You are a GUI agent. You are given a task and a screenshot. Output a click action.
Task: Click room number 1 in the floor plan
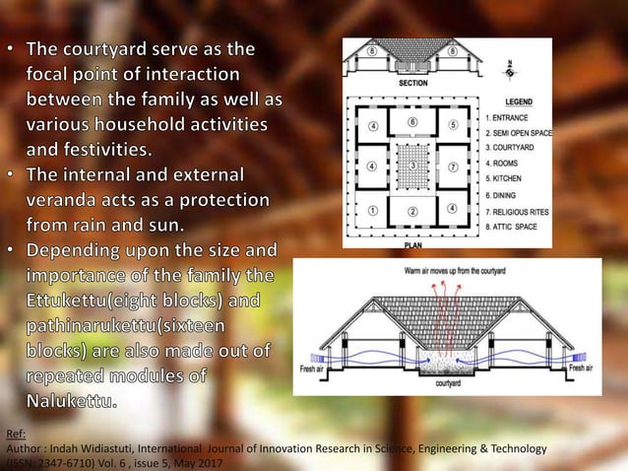(373, 210)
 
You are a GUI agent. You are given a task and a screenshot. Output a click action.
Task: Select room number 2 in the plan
(412, 210)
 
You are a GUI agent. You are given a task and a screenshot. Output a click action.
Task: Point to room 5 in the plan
(452, 126)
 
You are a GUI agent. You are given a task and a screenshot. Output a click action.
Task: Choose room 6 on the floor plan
(412, 121)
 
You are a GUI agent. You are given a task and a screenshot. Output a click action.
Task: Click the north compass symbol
(498, 66)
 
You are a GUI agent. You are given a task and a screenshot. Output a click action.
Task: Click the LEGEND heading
(519, 101)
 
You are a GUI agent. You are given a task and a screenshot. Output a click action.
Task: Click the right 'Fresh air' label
(579, 367)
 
